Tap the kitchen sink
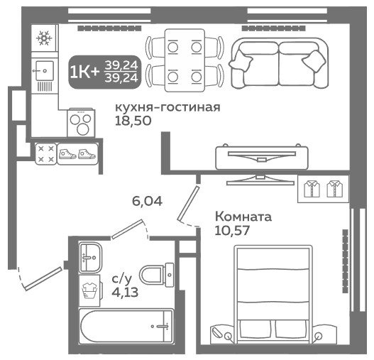[45, 71]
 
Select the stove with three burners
[81, 123]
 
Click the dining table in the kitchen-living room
[185, 60]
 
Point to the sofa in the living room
[279, 63]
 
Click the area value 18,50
[133, 121]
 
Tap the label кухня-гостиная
[167, 108]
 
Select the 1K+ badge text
[84, 72]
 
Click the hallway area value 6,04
[147, 201]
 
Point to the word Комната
[243, 217]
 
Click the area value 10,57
[232, 231]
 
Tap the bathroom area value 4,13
[125, 293]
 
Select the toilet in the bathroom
[156, 275]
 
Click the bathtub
[126, 326]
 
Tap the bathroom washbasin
[90, 258]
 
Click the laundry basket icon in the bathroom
[89, 290]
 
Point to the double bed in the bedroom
[273, 295]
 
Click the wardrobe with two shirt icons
[323, 189]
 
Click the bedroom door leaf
[188, 203]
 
